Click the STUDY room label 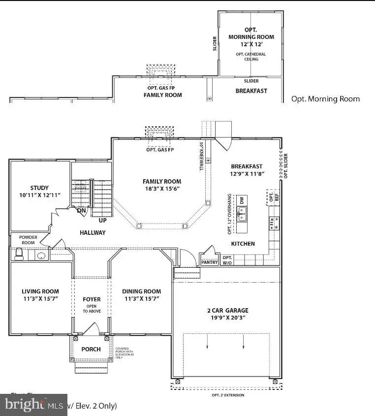39,187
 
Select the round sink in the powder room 41,256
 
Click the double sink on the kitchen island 242,213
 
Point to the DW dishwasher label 242,200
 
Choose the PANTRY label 209,262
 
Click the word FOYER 92,299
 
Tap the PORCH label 91,349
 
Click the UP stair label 102,220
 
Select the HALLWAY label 93,232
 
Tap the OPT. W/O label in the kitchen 227,260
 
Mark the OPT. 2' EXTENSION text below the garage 227,395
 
